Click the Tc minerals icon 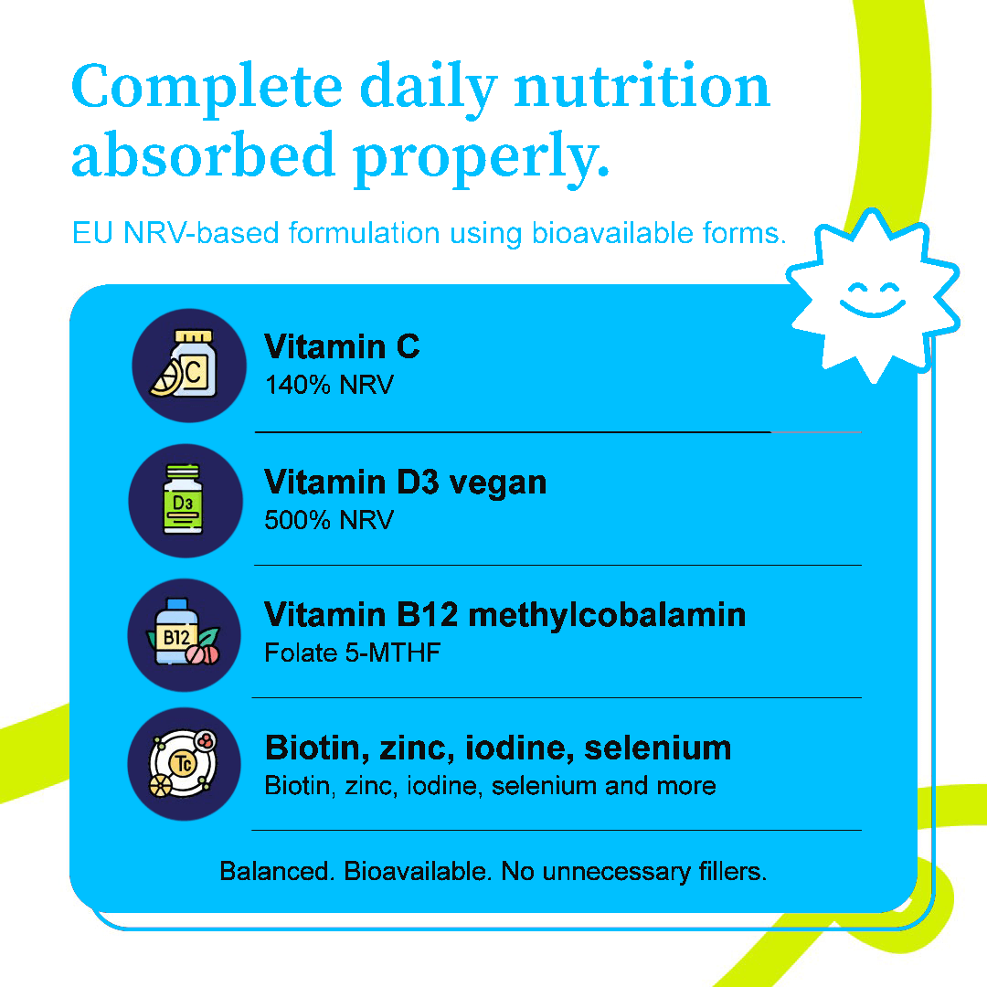[x=184, y=763]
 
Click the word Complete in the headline [x=207, y=88]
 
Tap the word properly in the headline [x=481, y=157]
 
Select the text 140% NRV [x=329, y=385]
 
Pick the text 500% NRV [x=329, y=520]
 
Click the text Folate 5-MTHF [x=353, y=653]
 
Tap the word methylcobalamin [x=608, y=615]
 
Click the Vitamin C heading [x=342, y=347]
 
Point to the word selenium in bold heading [x=658, y=748]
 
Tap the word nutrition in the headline [x=642, y=88]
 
